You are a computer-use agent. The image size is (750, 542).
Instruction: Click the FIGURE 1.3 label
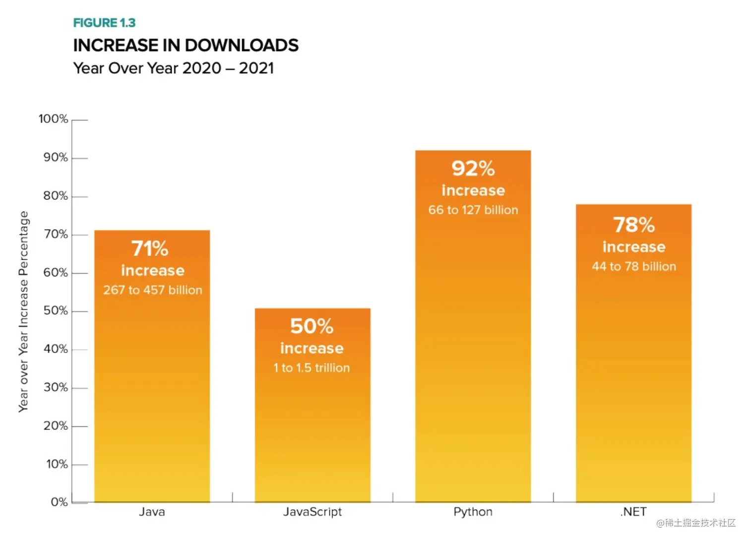(x=104, y=23)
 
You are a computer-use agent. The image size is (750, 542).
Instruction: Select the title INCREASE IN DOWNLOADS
(x=186, y=46)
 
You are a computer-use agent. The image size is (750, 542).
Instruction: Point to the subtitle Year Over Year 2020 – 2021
(x=173, y=68)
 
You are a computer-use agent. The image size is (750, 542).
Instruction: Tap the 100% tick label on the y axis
(x=53, y=119)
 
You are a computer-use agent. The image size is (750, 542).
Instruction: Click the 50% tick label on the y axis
(x=55, y=311)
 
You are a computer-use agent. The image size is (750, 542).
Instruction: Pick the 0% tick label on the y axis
(x=59, y=502)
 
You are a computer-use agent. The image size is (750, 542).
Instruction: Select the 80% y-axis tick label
(x=55, y=196)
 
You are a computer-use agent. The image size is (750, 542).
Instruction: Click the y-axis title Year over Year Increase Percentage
(x=23, y=311)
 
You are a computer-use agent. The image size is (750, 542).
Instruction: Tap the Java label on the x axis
(x=152, y=512)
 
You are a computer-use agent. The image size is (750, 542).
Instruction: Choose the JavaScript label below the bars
(x=312, y=512)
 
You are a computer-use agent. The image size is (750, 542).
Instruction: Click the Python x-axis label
(x=473, y=512)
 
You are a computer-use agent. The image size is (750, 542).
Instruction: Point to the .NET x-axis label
(x=633, y=512)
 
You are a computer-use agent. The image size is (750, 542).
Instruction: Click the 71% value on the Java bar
(x=150, y=248)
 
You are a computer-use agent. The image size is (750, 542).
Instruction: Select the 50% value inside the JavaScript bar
(x=312, y=326)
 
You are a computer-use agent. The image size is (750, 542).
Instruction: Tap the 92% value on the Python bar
(x=473, y=169)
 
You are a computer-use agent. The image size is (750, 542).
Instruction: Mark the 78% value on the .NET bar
(x=633, y=225)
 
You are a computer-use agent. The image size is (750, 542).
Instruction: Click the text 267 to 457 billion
(x=152, y=290)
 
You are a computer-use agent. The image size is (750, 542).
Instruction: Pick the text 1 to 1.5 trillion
(x=312, y=368)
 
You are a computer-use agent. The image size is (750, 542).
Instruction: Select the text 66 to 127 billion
(x=473, y=210)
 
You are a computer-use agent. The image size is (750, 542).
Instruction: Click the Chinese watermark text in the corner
(x=696, y=523)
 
